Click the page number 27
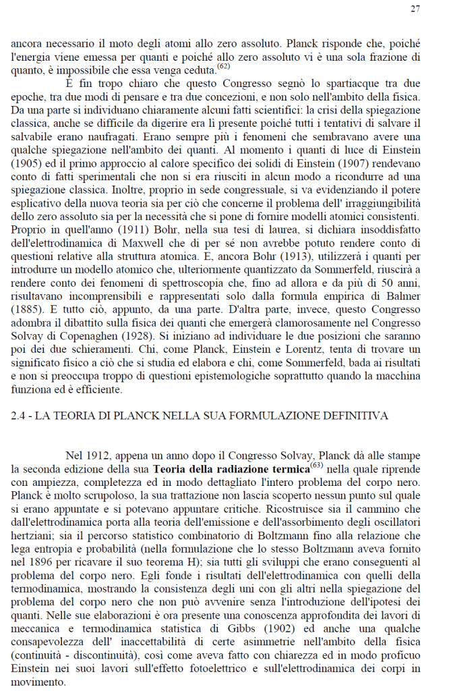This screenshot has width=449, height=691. point(415,9)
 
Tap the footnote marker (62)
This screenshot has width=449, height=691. point(224,65)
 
